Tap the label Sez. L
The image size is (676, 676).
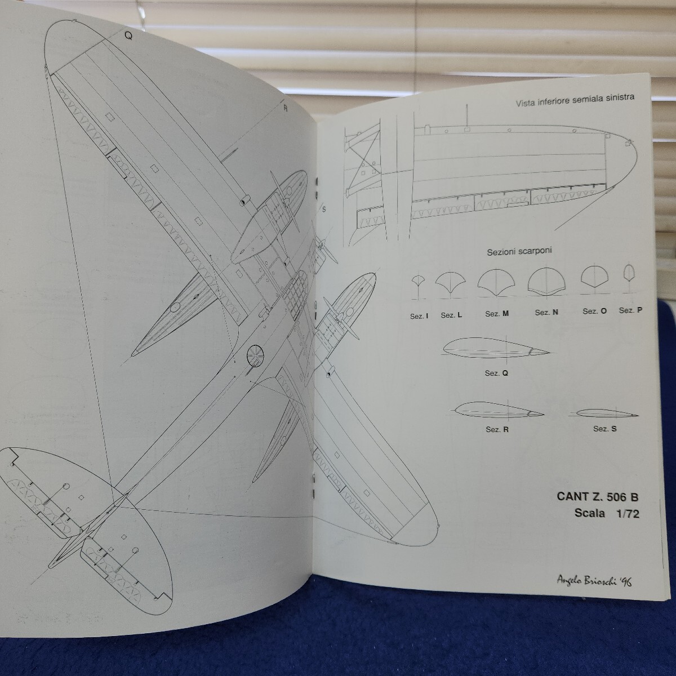coord(451,315)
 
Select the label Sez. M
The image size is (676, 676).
coord(496,314)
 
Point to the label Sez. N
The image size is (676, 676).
coord(546,313)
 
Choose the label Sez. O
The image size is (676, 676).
coord(594,311)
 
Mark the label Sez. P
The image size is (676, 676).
coord(630,310)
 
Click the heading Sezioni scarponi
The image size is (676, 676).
coord(519,252)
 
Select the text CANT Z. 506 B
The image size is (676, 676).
coord(598,497)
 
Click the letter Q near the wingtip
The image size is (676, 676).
coord(128,34)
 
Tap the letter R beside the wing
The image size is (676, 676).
coord(286,106)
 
